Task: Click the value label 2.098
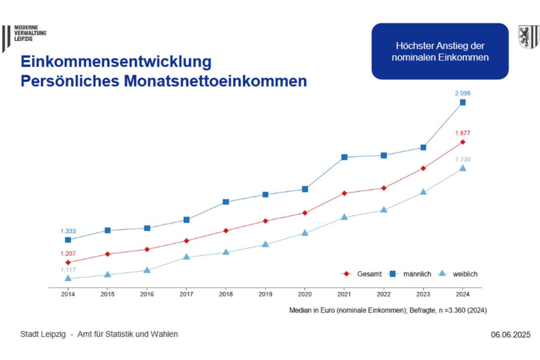462,93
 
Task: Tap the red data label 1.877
462,133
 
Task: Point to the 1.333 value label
68,231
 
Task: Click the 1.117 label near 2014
68,270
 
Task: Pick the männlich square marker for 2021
344,157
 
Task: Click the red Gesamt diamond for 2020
305,213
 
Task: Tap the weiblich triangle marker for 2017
186,256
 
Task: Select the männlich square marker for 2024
462,102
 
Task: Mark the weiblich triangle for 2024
462,168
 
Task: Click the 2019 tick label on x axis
265,293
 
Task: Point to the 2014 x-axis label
68,293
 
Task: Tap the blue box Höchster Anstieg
440,51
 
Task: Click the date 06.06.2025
510,335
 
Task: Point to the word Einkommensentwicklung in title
116,63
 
